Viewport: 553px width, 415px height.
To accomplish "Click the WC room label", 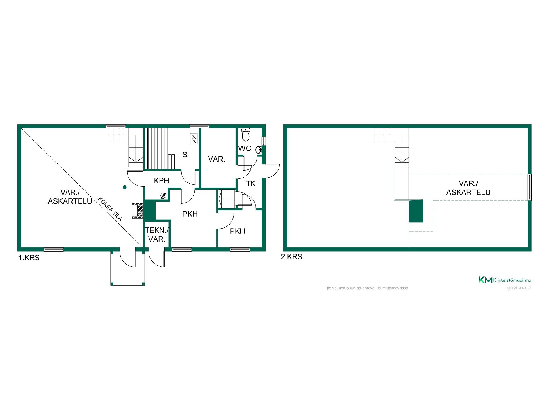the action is (x=245, y=148).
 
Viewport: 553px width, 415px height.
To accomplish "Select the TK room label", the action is (x=251, y=184).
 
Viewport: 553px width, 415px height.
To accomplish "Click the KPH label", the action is (x=162, y=181).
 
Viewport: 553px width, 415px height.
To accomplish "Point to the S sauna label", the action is (x=185, y=155).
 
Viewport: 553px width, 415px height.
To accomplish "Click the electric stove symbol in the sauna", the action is (x=194, y=139).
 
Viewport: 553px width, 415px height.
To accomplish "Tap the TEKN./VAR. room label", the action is (x=157, y=235).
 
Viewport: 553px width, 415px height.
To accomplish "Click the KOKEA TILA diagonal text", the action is (x=110, y=209).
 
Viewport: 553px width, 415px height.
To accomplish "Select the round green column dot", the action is (x=125, y=187).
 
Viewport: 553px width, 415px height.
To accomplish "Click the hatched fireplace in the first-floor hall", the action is (x=137, y=211).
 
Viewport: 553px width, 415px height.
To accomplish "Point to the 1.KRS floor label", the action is (x=29, y=258).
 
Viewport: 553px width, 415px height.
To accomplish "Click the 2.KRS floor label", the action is (x=291, y=257).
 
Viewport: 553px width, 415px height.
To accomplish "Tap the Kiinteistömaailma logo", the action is (x=505, y=280).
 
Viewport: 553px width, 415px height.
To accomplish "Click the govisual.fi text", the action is (x=519, y=288).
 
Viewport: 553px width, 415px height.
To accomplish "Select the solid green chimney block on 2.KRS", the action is (x=416, y=211).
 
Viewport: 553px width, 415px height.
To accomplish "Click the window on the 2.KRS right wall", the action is (x=530, y=187).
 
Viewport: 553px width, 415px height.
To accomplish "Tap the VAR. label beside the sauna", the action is (x=217, y=159).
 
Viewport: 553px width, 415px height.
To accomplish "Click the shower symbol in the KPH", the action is (x=163, y=196).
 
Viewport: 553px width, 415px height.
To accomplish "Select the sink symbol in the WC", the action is (x=259, y=150).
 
